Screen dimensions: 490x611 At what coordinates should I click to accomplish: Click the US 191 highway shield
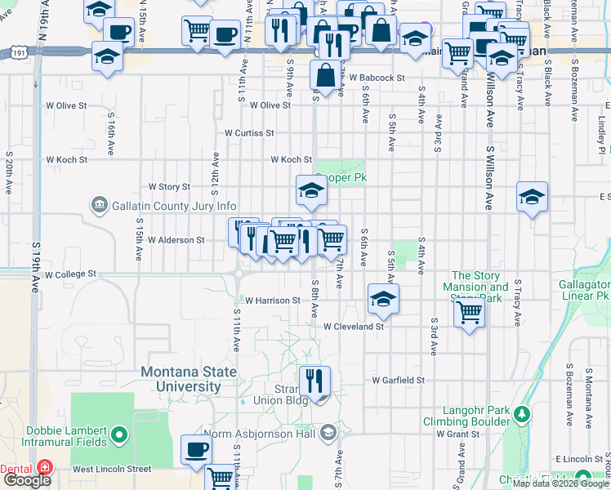click(18, 52)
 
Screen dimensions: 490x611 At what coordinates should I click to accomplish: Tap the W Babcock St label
click(376, 78)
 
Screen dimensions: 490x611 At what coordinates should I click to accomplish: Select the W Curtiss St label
click(249, 132)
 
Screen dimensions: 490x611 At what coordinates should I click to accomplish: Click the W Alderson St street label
click(176, 240)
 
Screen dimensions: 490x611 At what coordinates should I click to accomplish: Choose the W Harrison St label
click(273, 301)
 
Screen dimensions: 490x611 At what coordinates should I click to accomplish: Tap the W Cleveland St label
click(353, 327)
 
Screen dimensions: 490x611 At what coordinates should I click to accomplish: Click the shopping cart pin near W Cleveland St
click(469, 310)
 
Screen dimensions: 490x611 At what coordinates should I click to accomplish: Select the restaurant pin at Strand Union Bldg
click(313, 380)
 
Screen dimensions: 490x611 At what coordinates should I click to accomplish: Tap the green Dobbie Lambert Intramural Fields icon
click(119, 434)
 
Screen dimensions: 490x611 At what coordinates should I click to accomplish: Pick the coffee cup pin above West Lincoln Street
click(195, 448)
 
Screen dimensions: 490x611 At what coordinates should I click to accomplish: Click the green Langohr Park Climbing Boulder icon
click(521, 416)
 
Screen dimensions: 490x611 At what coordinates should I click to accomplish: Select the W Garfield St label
click(398, 381)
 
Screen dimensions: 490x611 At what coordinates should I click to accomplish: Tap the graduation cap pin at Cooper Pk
click(311, 191)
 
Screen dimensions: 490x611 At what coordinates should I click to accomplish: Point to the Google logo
click(28, 480)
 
